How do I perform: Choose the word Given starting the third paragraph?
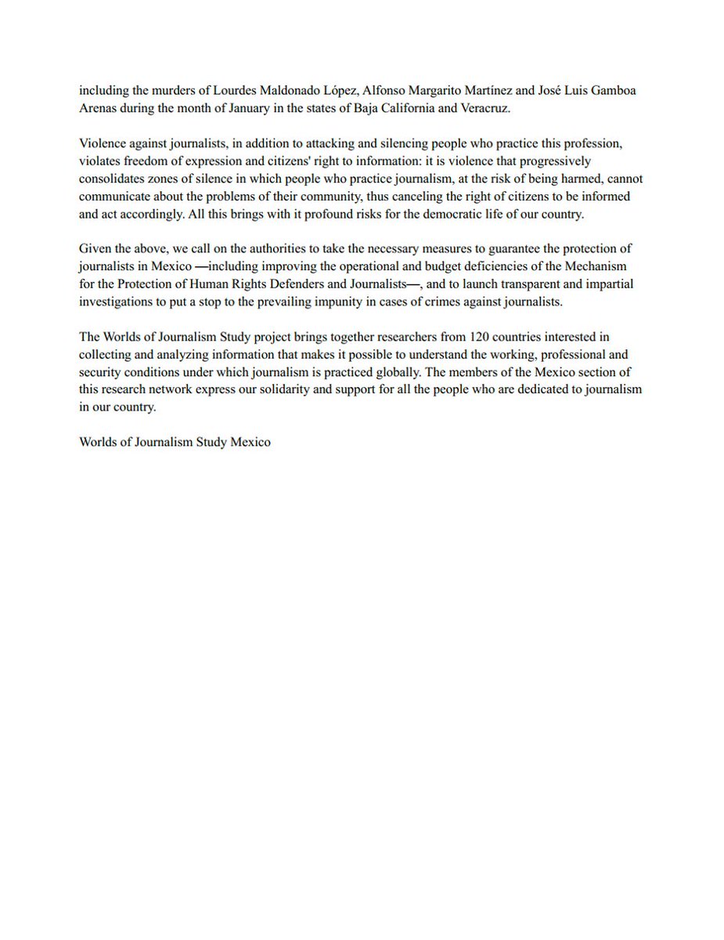click(95, 249)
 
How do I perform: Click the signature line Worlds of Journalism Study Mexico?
click(175, 442)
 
